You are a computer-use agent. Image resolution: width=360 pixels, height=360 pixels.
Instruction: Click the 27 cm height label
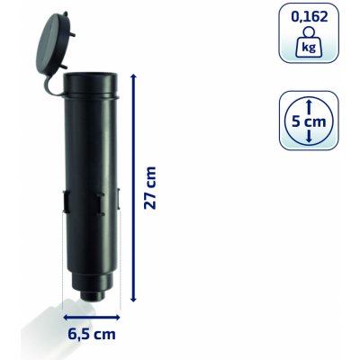150,188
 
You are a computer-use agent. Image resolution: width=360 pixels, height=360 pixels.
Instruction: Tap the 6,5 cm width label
92,334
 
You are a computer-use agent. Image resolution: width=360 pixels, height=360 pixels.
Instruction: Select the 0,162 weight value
310,17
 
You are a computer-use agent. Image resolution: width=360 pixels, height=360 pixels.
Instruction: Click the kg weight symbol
310,43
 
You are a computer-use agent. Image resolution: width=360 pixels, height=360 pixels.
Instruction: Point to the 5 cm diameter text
309,121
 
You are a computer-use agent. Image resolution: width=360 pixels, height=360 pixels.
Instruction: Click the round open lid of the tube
55,43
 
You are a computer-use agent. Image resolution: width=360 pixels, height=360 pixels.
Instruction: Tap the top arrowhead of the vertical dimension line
134,77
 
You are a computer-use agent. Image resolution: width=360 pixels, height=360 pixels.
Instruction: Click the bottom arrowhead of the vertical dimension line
134,299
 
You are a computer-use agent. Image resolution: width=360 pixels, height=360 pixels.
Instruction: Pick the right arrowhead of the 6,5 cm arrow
117,317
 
